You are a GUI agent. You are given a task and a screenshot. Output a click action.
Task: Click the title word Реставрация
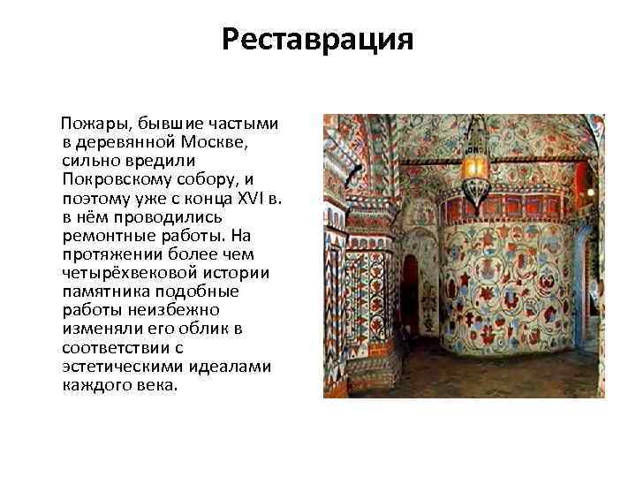coord(317,40)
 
